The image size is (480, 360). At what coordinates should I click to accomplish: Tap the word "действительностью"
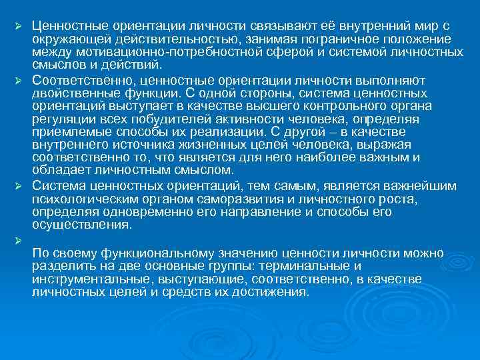coord(150,39)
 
